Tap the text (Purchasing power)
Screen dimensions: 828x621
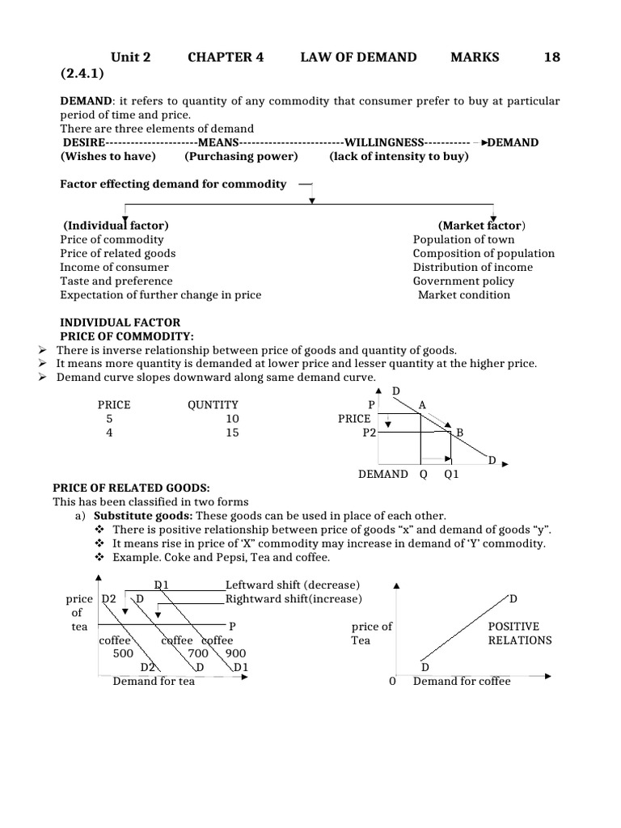[x=241, y=156]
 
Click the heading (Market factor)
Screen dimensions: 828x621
[x=482, y=225]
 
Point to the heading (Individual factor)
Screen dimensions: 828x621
[x=116, y=225]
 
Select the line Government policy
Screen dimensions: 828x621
[x=463, y=281]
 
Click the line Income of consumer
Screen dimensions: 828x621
[x=114, y=267]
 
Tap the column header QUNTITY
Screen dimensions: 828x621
[x=213, y=404]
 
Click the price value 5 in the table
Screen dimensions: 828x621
[x=109, y=419]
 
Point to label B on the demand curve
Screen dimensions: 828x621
[x=460, y=433]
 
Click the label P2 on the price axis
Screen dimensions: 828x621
[x=370, y=433]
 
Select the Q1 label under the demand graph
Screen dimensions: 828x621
[x=451, y=475]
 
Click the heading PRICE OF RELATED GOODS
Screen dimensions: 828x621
[x=131, y=488]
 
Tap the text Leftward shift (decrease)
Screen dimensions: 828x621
[x=293, y=585]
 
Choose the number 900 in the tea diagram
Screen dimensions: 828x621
[x=236, y=653]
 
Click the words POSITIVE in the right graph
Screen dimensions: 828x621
[x=513, y=627]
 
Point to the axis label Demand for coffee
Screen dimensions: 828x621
[x=462, y=682]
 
